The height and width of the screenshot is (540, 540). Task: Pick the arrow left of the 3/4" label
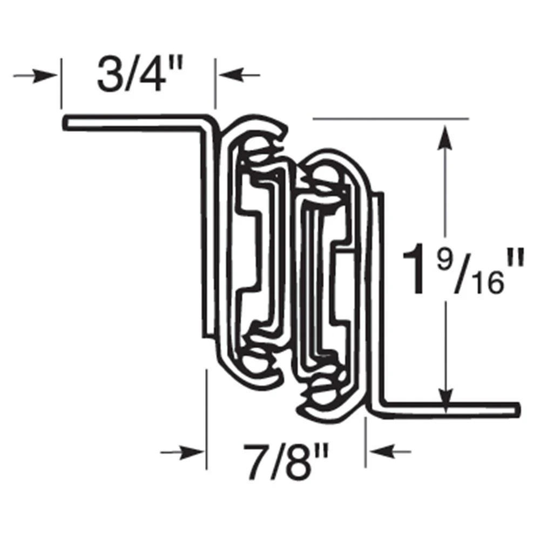click(x=36, y=76)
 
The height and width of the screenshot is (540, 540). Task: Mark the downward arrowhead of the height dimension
click(x=446, y=394)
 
